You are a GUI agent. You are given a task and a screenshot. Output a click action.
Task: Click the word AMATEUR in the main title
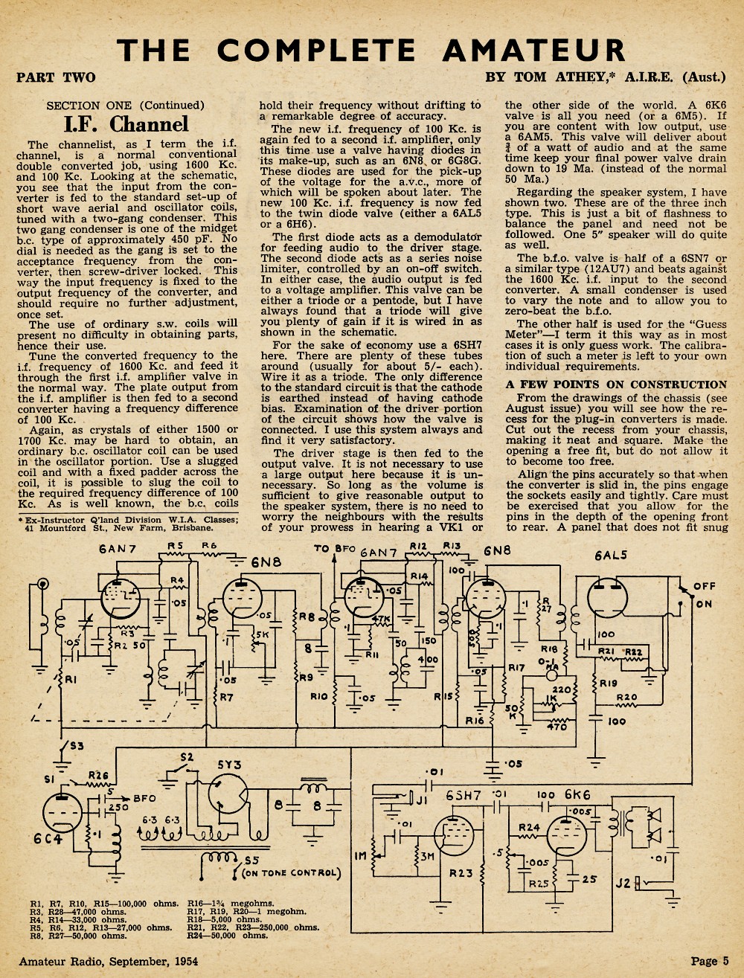[x=533, y=50]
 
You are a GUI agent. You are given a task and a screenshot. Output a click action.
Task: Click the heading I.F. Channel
[x=126, y=124]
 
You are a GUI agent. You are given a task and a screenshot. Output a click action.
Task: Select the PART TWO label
[x=56, y=78]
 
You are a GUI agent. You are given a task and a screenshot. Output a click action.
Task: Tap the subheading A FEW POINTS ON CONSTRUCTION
[x=616, y=385]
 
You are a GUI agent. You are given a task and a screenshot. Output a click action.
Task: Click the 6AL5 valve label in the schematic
[x=611, y=555]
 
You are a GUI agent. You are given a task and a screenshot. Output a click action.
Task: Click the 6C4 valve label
[x=48, y=838]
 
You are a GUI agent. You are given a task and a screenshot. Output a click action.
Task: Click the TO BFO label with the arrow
[x=335, y=549]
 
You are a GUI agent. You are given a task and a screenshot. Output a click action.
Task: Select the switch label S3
[x=76, y=745]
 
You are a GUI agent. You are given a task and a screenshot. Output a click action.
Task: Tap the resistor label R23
[x=461, y=873]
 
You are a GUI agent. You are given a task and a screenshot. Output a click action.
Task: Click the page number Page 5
[x=710, y=961]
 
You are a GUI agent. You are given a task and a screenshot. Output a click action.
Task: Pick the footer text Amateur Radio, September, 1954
[x=109, y=962]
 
